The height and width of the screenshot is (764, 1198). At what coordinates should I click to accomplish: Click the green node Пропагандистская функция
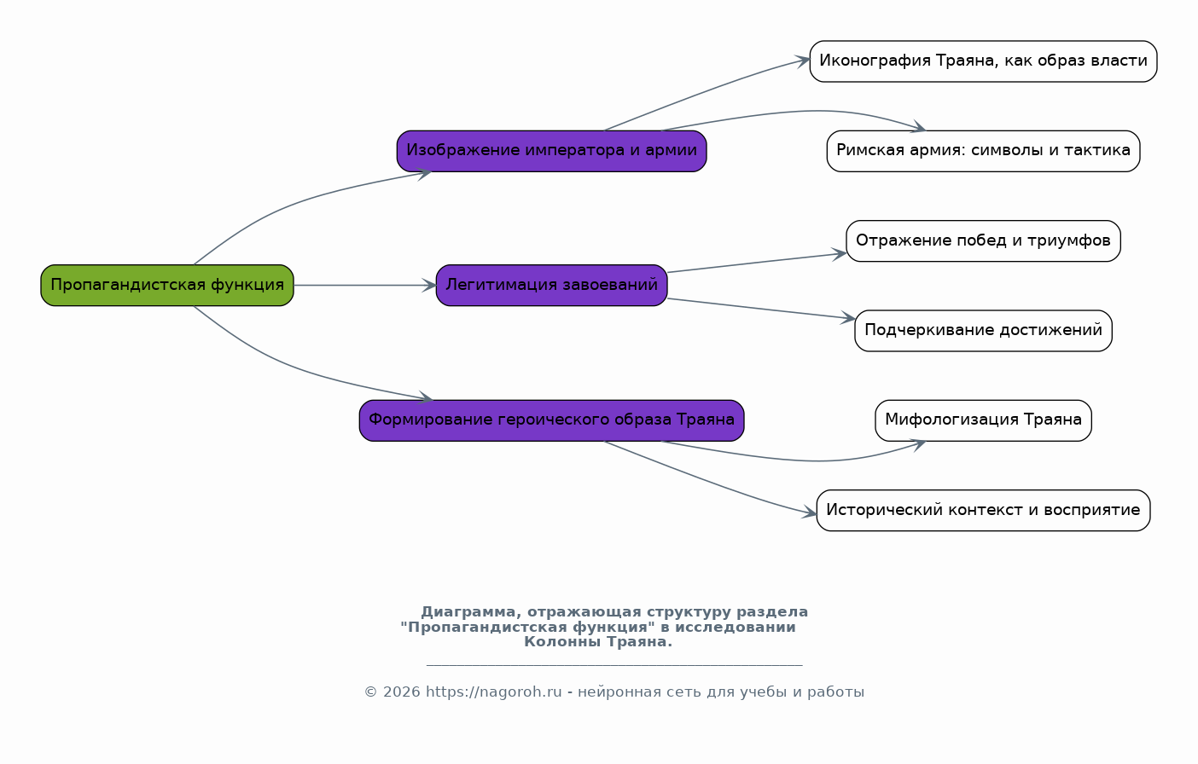pos(167,286)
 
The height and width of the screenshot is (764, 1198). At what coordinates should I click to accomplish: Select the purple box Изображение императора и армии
pos(551,151)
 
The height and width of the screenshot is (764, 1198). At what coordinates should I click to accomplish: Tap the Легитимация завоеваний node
pos(551,286)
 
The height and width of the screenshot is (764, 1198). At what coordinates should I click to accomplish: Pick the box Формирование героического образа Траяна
pos(551,420)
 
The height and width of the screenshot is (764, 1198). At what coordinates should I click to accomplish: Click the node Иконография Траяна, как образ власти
pos(983,61)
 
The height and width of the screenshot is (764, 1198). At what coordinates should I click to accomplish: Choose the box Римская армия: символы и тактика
pos(983,151)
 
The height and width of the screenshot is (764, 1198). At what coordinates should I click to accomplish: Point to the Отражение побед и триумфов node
pos(983,241)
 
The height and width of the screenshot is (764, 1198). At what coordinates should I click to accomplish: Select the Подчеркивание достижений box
pos(983,331)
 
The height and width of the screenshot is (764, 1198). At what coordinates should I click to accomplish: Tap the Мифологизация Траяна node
pos(983,420)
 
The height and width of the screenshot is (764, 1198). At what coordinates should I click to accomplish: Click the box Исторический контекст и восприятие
pos(983,510)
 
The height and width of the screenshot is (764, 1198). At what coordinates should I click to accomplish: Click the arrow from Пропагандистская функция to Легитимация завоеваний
pos(365,286)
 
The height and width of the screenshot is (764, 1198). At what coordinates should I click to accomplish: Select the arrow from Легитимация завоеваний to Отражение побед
pos(757,263)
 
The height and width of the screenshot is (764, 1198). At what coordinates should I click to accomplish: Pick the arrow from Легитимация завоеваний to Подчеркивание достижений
pos(761,309)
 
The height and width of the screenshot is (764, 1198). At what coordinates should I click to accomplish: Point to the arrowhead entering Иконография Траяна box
pos(803,61)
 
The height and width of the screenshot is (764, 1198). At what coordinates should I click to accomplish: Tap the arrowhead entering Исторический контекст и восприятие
pos(810,513)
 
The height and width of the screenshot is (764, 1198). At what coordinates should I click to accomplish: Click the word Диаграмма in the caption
pos(468,611)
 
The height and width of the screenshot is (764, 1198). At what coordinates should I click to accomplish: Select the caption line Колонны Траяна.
pos(598,642)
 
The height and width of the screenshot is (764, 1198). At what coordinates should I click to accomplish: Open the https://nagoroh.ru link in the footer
pos(494,692)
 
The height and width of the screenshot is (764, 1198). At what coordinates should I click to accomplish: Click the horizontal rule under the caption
pos(614,665)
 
